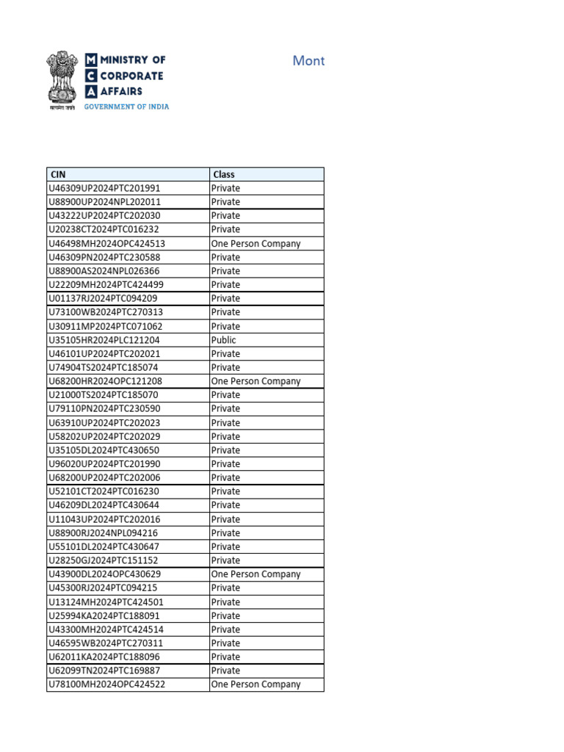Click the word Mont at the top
308,61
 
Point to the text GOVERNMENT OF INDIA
126,106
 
